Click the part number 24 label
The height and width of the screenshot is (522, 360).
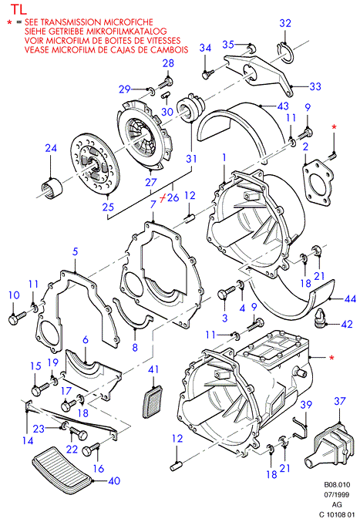point(51,148)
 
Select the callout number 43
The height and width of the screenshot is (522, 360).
point(283,106)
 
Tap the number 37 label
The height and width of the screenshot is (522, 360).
point(340,401)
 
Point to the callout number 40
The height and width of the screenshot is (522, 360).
point(114,480)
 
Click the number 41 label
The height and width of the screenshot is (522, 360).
point(153,369)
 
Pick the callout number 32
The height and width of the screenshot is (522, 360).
point(285,23)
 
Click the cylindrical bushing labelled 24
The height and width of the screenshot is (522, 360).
point(52,189)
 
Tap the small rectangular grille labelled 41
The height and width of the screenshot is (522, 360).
point(153,401)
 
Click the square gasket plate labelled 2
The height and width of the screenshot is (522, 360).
point(318,184)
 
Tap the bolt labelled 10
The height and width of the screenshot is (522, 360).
point(17,318)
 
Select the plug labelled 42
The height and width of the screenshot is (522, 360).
point(320,318)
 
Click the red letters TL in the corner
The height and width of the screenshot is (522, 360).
point(19,9)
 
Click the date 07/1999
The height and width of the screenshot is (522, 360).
point(337,495)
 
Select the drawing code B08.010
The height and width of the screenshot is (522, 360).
point(337,485)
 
